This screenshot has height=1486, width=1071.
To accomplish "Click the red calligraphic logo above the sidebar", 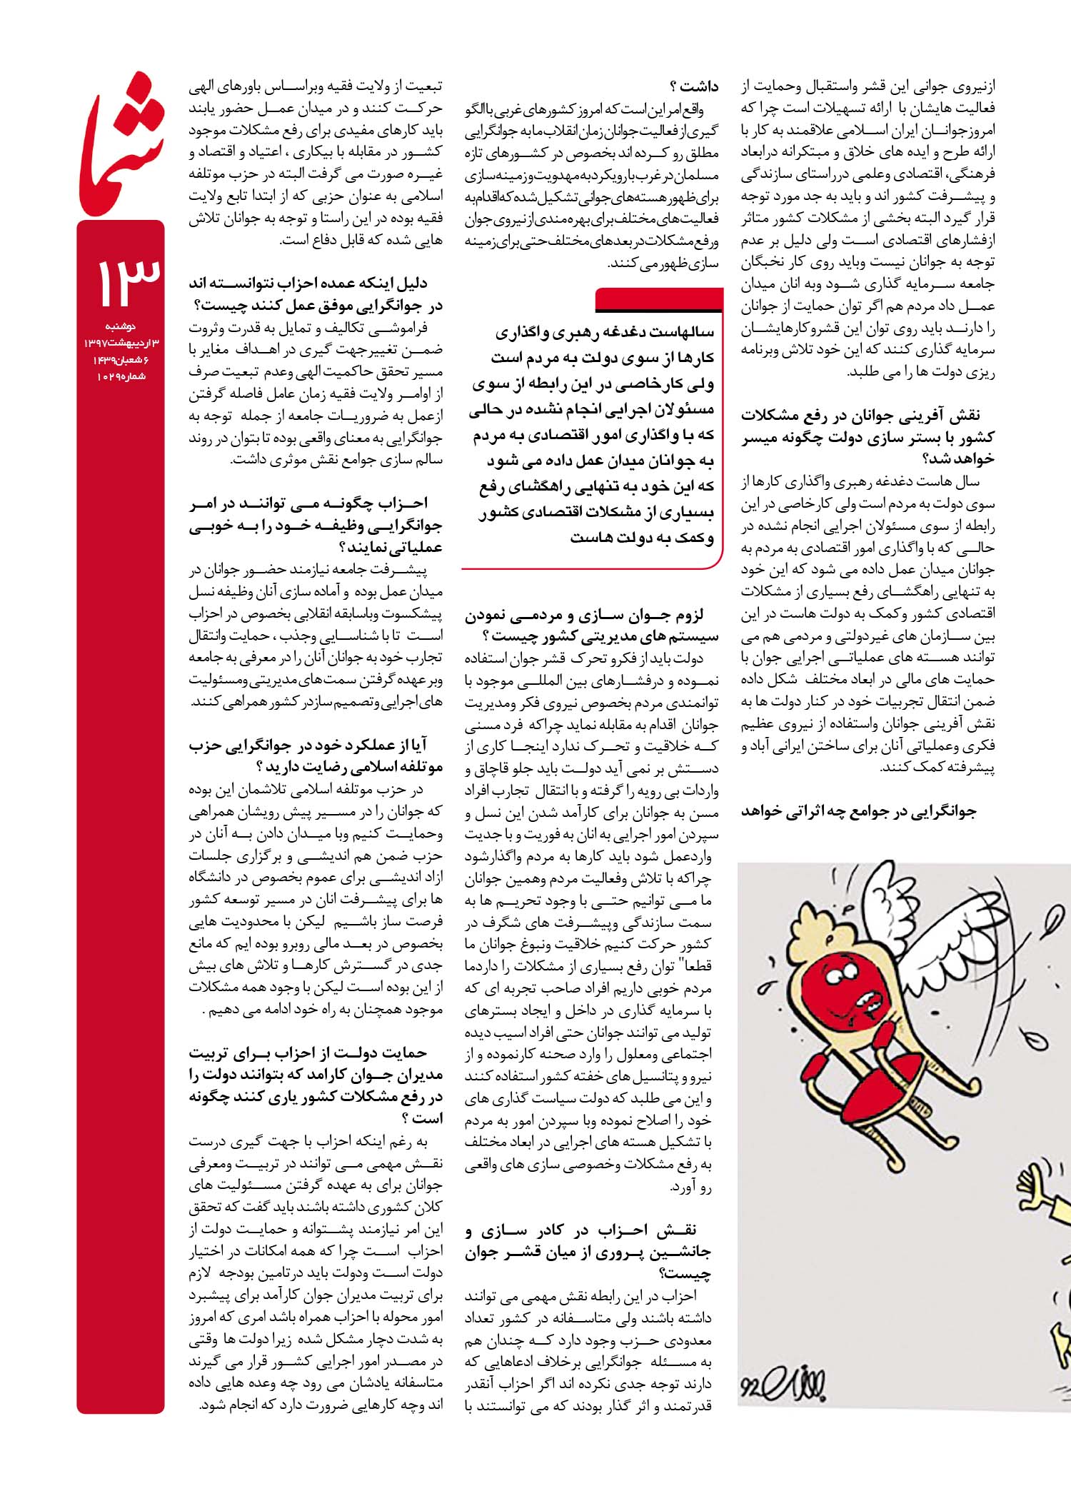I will [121, 146].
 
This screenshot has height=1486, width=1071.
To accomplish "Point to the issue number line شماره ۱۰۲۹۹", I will [121, 376].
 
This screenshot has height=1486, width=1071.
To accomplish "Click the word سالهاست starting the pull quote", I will [683, 332].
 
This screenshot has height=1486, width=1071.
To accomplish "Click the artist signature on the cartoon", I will [786, 1385].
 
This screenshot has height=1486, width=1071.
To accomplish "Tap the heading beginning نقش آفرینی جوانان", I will [868, 437].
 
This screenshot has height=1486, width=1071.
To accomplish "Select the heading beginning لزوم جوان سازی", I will [593, 626].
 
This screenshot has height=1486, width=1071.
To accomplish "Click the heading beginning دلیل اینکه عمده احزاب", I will [316, 295].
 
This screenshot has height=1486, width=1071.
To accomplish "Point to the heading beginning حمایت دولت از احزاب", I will [316, 1085].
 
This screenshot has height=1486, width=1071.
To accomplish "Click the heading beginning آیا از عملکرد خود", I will [316, 755].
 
